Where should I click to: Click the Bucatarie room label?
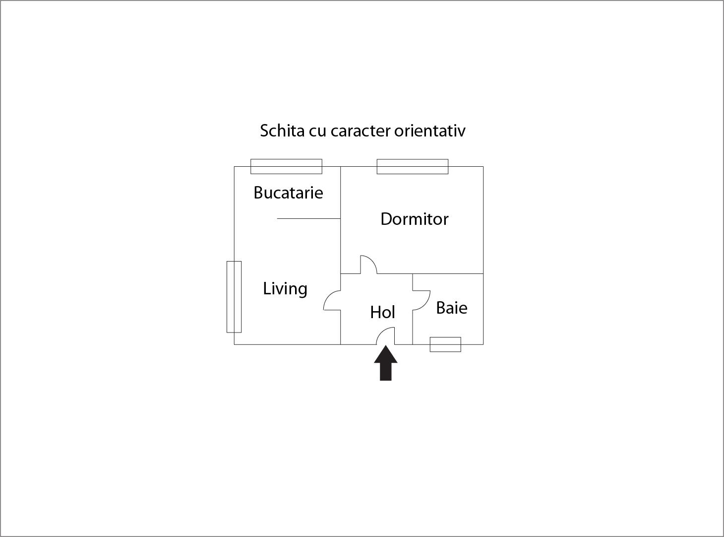(288, 193)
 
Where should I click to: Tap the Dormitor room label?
(414, 219)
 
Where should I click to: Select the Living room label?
(285, 288)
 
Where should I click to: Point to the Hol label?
(382, 312)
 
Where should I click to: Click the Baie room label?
(451, 308)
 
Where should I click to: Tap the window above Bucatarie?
(286, 166)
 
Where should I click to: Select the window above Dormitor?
(412, 166)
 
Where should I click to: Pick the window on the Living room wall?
(234, 296)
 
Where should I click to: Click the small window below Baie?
(445, 344)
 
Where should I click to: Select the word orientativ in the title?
(430, 131)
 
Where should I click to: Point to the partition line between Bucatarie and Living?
(308, 218)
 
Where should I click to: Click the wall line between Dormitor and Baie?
(448, 273)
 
